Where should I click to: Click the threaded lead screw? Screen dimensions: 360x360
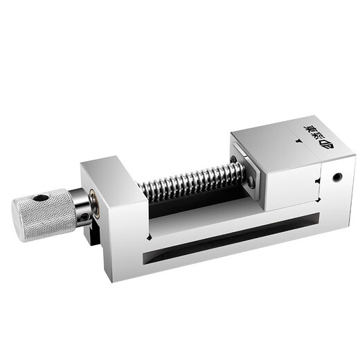pyautogui.click(x=187, y=181)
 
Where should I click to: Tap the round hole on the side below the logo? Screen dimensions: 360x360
pyautogui.click(x=337, y=177)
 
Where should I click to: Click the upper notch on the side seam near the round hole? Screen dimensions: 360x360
pyautogui.click(x=318, y=181)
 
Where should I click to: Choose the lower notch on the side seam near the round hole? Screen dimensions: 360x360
pyautogui.click(x=319, y=199)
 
